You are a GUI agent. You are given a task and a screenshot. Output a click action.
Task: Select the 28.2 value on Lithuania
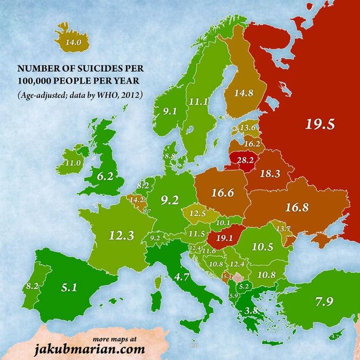point(241,161)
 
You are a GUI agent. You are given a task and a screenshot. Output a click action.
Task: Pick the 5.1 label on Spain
point(68,287)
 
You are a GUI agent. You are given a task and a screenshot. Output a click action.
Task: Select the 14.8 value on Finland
point(243,93)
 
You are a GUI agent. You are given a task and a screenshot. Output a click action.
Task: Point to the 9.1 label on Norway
point(170,111)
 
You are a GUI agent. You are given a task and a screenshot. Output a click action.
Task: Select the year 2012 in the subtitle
point(131,96)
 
